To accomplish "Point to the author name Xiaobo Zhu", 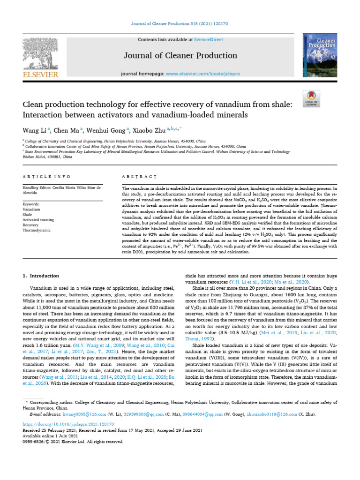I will click(149, 130).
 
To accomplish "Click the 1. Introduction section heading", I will click(41, 276).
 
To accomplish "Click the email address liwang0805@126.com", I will click(72, 414).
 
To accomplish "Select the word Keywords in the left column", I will click(31, 204).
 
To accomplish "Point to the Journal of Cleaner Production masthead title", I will click(180, 56).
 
